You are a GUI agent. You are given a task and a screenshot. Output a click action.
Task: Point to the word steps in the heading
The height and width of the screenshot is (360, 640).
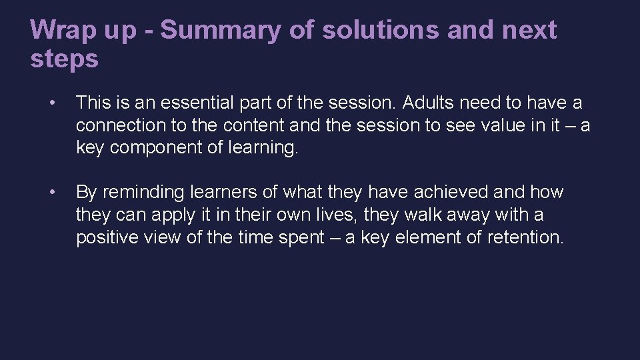pyautogui.click(x=64, y=59)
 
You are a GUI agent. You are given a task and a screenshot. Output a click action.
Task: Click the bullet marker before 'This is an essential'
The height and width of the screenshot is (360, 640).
pyautogui.click(x=52, y=103)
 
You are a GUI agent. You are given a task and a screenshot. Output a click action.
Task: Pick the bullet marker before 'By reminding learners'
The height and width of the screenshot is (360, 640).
pyautogui.click(x=52, y=193)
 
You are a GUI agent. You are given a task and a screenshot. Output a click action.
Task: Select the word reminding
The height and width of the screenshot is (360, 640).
pyautogui.click(x=143, y=193)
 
